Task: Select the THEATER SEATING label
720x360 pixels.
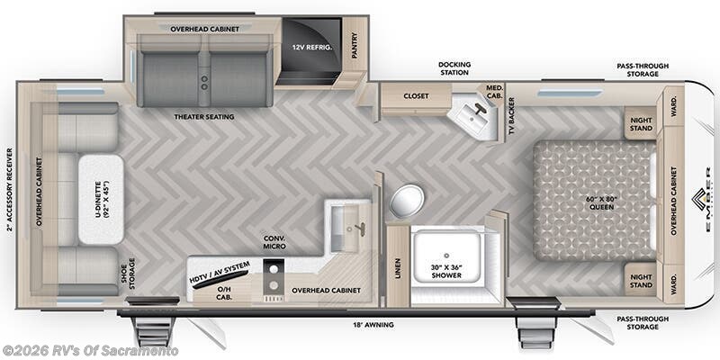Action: click(204, 116)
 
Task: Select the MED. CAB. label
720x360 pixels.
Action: click(494, 91)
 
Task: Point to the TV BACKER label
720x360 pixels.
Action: click(511, 116)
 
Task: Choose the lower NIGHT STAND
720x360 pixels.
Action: click(642, 280)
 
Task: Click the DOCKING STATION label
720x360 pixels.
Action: click(454, 69)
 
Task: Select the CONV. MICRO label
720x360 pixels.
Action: click(274, 244)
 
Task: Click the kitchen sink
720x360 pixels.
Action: click(346, 224)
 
